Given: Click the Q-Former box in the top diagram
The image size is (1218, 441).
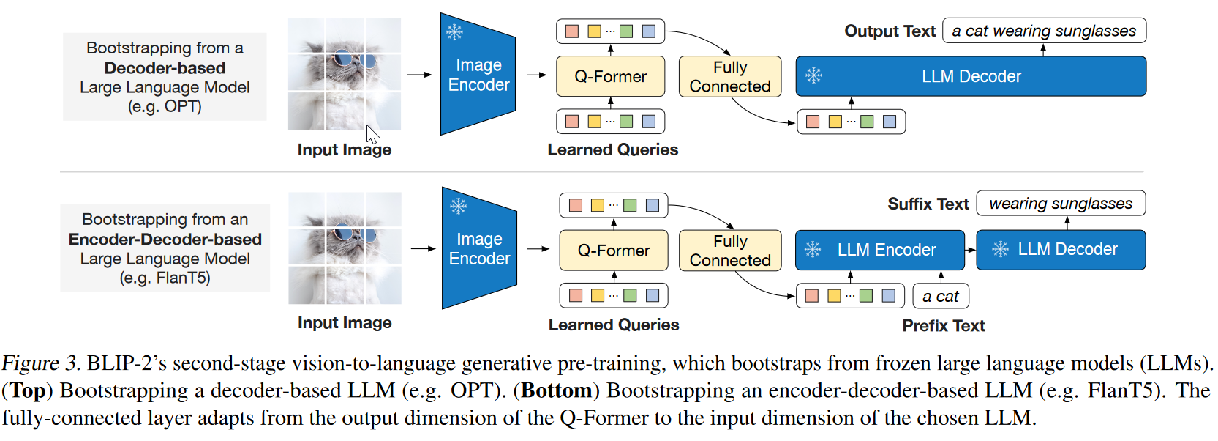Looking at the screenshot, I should [610, 76].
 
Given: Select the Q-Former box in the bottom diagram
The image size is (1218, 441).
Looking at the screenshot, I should [613, 251].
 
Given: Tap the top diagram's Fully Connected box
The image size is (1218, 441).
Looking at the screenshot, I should [729, 77].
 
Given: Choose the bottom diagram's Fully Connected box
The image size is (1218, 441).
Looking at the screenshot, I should [729, 251].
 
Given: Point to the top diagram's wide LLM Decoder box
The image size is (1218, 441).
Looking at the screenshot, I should [971, 76].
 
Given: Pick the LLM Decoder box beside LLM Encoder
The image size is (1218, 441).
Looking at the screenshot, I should [1061, 250].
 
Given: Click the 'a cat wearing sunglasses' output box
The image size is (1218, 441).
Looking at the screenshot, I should [1044, 31].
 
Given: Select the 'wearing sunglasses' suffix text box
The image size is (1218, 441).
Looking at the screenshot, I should [1060, 204].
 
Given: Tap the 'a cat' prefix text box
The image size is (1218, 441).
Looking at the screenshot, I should [941, 297].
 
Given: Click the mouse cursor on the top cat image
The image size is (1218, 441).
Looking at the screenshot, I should [372, 135].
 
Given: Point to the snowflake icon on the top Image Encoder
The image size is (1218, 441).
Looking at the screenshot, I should [455, 32].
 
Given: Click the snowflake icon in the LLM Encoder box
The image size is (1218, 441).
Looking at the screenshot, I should [813, 250].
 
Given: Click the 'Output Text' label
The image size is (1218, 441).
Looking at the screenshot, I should [890, 31].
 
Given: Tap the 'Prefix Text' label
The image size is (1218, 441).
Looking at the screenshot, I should [943, 326].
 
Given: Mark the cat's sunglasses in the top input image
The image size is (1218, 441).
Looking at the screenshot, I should [353, 60].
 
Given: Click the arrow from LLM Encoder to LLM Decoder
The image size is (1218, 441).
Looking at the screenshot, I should [971, 250].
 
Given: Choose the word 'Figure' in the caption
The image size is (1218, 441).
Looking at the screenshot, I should [30, 363].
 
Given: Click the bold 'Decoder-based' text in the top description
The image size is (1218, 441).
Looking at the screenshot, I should [165, 68].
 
